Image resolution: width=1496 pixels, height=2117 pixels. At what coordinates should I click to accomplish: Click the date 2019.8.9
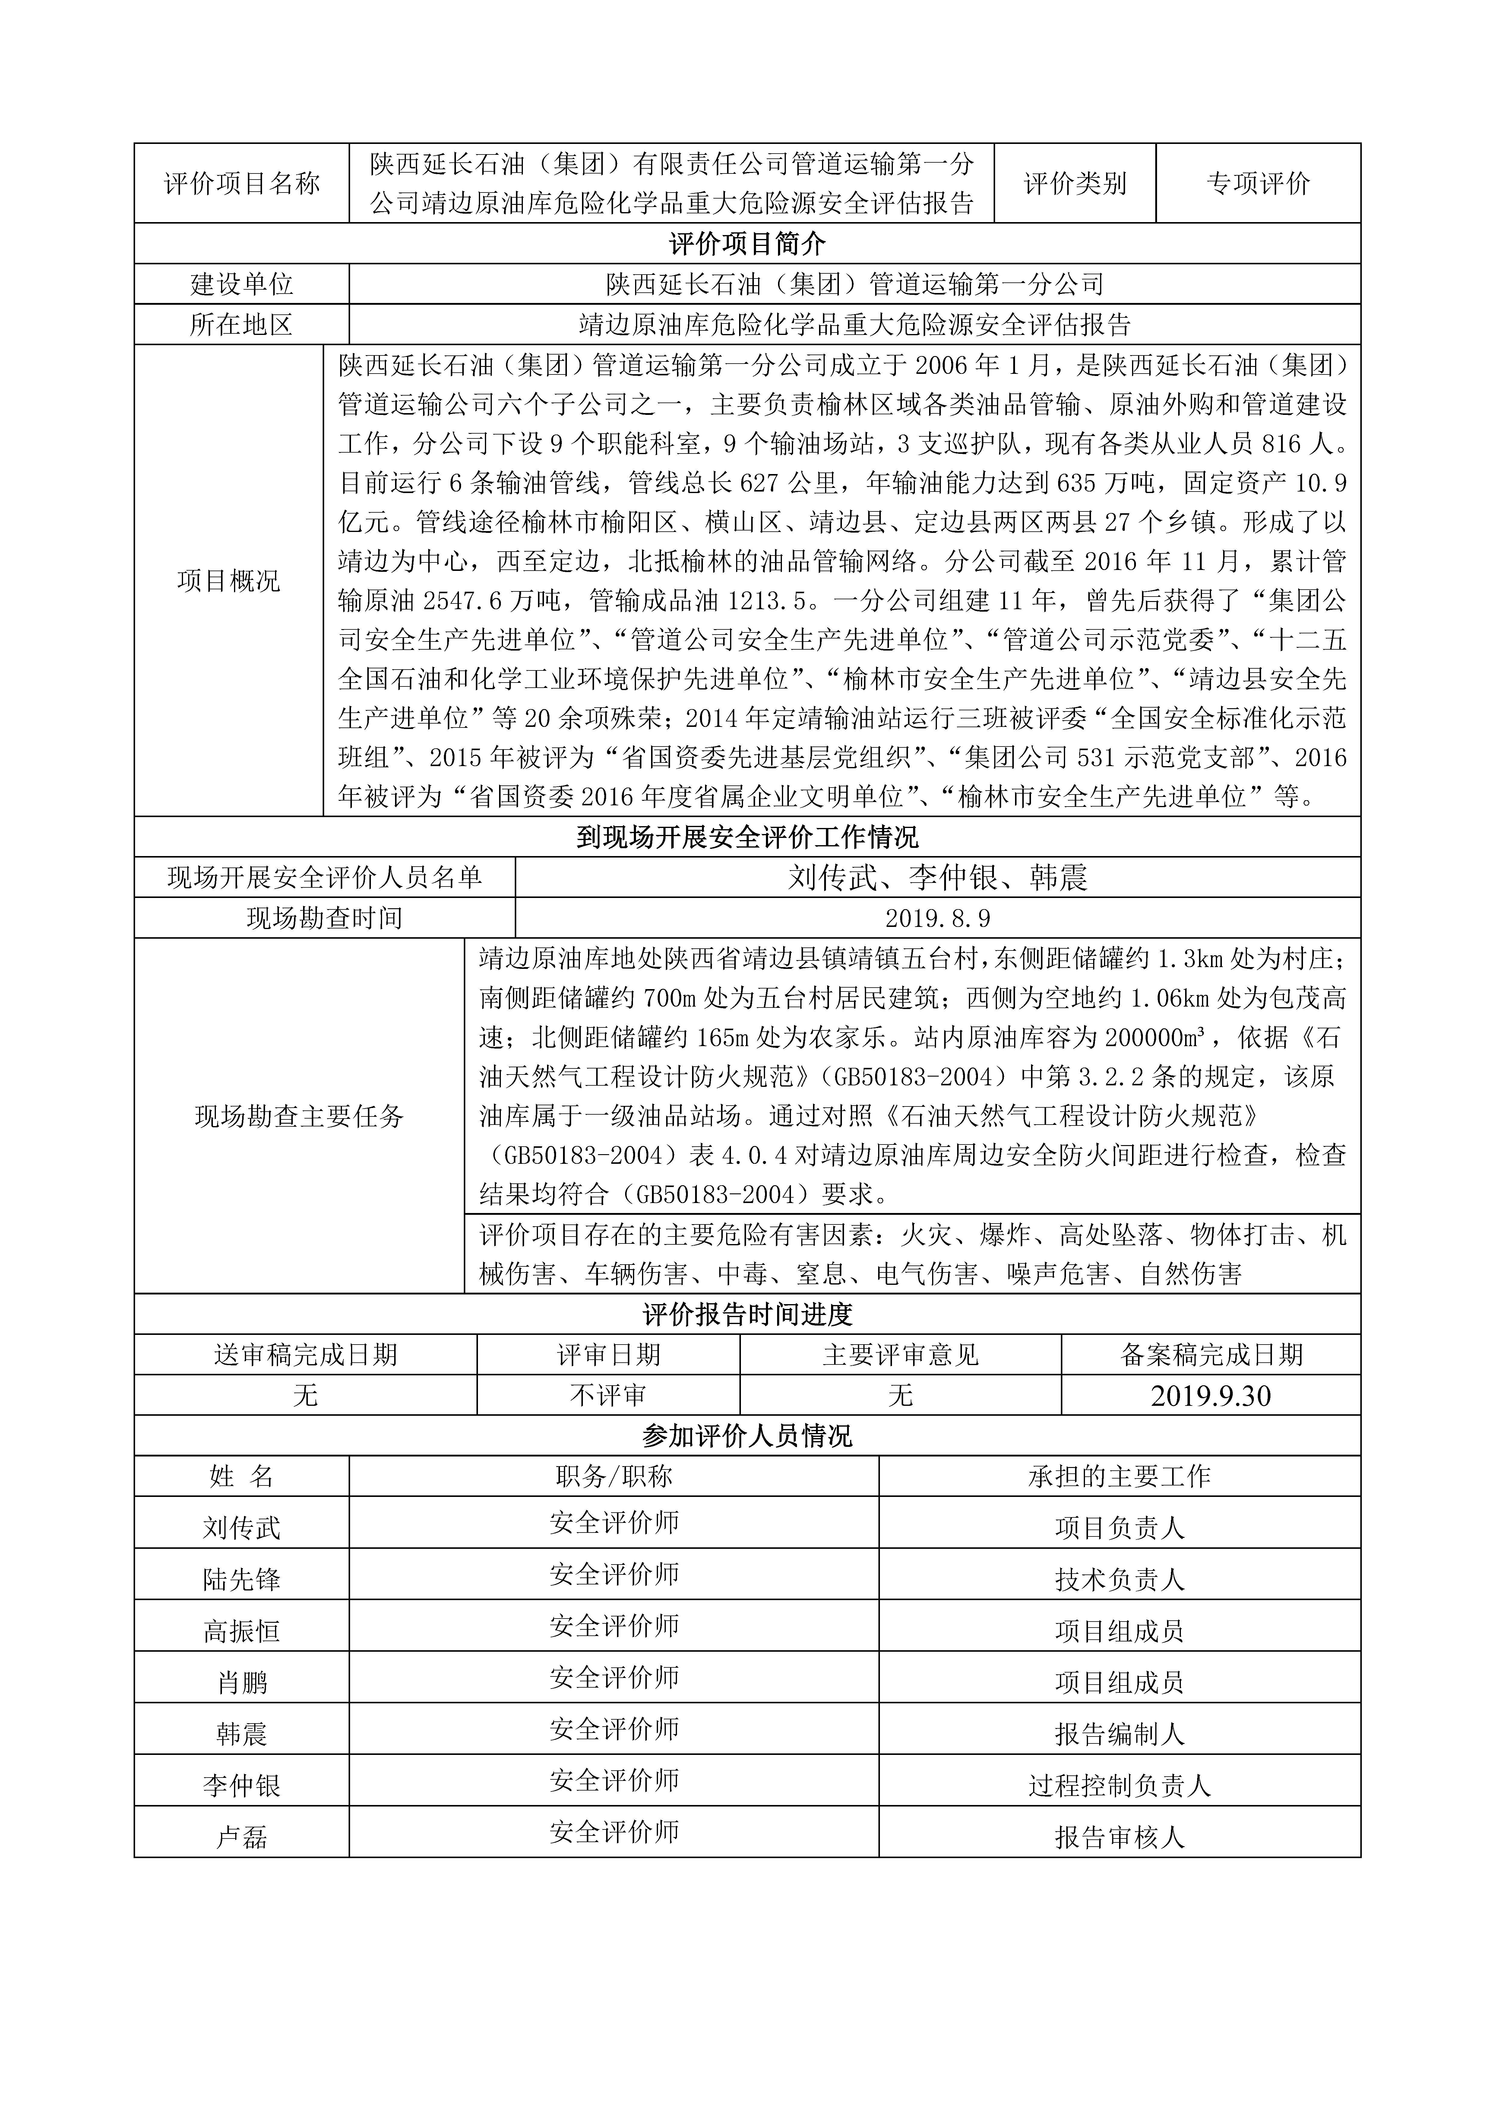pos(938,918)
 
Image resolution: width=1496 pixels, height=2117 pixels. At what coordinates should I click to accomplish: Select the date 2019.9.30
pos(1210,1396)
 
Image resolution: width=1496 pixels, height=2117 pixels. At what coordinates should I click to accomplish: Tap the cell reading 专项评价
pos(1258,183)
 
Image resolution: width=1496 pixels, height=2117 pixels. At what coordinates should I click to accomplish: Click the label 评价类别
pos(1075,183)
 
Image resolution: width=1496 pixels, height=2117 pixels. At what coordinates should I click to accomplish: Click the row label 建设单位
pos(242,284)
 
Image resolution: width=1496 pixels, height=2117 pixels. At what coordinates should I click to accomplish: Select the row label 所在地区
pos(242,325)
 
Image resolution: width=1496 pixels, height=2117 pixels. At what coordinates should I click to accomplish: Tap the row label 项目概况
pos(229,581)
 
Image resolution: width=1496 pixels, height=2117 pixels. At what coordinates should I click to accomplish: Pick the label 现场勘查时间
pos(324,918)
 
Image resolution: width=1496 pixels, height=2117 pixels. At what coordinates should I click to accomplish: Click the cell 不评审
pos(608,1396)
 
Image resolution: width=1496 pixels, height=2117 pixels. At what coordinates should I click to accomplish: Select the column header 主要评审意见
pos(900,1355)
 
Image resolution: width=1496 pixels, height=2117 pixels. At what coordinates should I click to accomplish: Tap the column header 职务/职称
pos(614,1477)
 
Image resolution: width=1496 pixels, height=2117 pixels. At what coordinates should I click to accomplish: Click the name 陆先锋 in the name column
pos(242,1581)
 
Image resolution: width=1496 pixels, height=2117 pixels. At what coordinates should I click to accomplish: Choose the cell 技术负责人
pos(1119,1581)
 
